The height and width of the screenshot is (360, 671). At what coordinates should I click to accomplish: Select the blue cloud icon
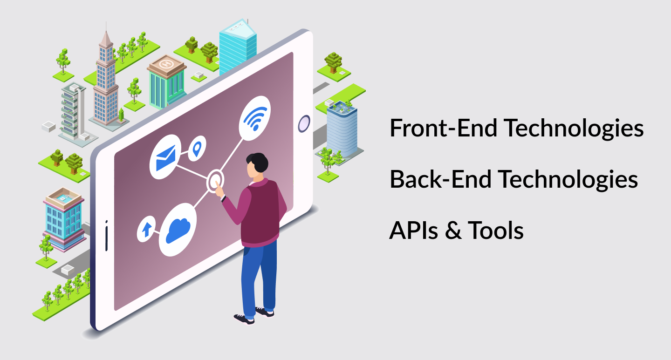click(178, 231)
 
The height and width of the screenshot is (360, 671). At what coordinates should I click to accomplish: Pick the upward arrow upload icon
click(146, 229)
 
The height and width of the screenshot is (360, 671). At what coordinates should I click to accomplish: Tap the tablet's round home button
click(304, 123)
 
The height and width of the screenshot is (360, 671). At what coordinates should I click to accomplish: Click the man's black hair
click(258, 162)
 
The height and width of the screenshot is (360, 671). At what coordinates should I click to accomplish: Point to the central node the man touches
click(215, 181)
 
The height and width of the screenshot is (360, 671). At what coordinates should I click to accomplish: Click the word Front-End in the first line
click(443, 128)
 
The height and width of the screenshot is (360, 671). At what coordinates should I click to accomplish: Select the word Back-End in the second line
click(440, 179)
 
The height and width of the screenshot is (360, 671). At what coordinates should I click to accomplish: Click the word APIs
click(413, 231)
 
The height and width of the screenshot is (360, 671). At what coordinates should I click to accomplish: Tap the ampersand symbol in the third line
click(453, 231)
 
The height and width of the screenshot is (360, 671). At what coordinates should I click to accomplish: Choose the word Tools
click(495, 231)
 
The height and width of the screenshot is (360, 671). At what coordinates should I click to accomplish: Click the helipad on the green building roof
click(166, 64)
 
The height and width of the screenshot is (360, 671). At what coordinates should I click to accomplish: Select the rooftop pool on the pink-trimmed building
click(63, 198)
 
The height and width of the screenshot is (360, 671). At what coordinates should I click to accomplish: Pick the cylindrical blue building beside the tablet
click(342, 129)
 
